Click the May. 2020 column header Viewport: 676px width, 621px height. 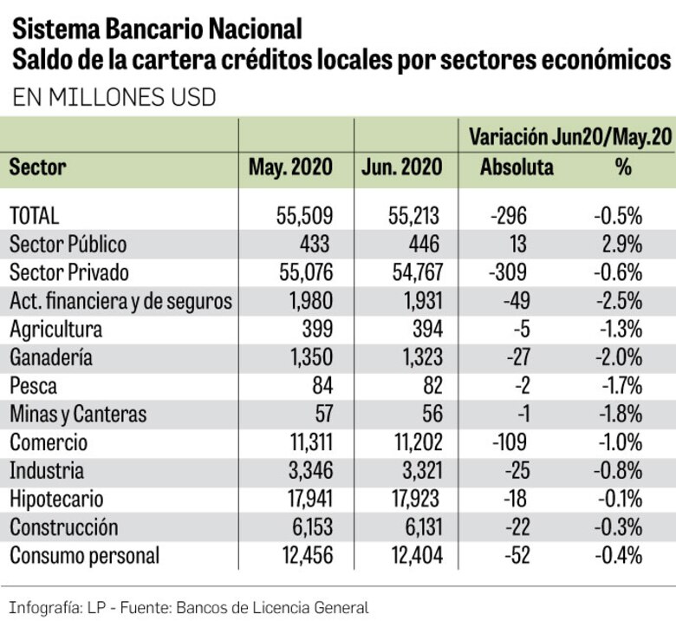point(290,167)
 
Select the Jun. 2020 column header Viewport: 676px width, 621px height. point(402,167)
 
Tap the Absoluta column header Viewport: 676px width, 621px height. point(517,167)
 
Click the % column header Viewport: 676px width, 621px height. point(623,167)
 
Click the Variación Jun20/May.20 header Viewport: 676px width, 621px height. point(569,137)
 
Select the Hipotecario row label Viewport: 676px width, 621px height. point(56,499)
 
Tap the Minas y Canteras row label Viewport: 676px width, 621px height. point(78,415)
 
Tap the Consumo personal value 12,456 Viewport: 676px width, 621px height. point(302,556)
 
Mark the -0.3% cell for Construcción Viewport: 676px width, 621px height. point(619,527)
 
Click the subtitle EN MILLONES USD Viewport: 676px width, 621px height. point(114,98)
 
